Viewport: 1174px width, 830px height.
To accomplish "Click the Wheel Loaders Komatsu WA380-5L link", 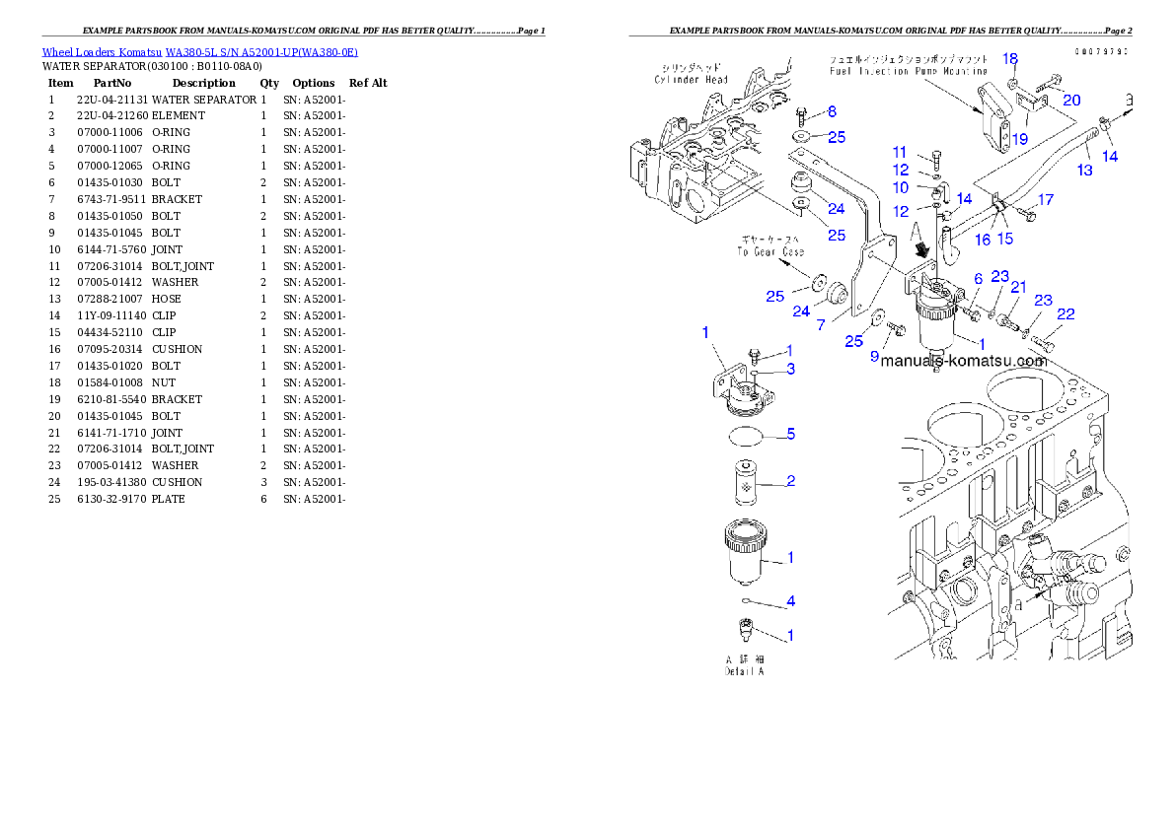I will (x=199, y=51).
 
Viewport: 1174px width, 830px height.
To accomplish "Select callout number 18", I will (x=1010, y=59).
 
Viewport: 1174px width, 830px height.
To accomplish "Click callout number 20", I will (x=1071, y=100).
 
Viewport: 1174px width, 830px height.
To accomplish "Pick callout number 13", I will (x=1085, y=170).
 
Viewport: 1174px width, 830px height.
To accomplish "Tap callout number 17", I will (x=1046, y=200).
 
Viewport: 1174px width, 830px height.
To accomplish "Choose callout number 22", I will (x=1065, y=314).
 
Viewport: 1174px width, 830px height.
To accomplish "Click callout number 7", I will (x=820, y=324).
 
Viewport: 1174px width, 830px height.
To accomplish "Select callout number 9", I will (x=874, y=357).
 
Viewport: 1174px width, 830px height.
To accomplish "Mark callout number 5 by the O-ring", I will (x=790, y=434).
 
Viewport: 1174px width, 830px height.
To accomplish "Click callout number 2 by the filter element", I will (x=790, y=481).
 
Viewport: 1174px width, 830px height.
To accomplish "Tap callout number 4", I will (x=790, y=601).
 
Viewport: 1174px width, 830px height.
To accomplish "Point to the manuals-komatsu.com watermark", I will (x=963, y=361).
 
